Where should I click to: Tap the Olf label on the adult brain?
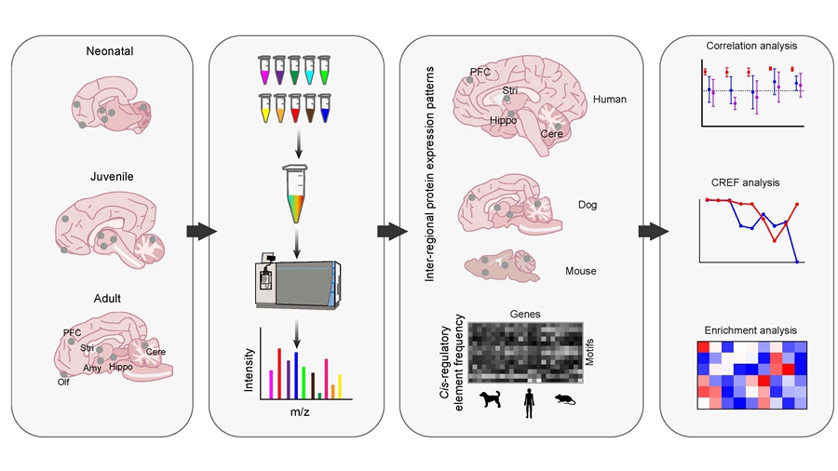point(63,380)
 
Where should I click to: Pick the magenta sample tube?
point(265,70)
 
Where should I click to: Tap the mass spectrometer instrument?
point(296,283)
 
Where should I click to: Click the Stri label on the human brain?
point(509,90)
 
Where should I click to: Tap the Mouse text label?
point(580,272)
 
